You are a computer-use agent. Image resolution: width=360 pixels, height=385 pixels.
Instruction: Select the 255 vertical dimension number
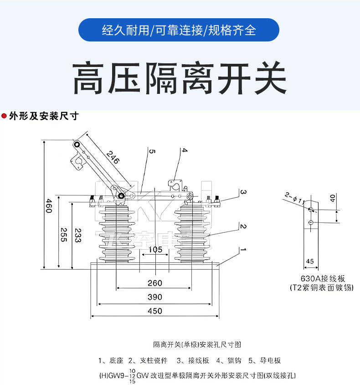64,235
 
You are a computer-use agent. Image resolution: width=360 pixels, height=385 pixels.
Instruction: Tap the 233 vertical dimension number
77,235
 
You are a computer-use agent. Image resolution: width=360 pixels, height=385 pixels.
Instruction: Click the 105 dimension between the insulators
155,250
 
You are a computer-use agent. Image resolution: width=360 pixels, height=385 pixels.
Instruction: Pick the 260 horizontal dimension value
155,283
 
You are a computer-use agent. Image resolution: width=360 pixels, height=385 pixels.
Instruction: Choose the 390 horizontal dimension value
155,297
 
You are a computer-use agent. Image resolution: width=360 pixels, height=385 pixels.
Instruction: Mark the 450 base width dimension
155,311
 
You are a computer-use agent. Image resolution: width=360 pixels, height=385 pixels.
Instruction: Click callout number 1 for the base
243,250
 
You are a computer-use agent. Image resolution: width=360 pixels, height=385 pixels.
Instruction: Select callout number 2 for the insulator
243,226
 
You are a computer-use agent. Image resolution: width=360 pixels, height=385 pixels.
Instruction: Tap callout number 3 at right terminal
243,192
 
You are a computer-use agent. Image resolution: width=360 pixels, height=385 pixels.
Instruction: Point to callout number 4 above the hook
184,150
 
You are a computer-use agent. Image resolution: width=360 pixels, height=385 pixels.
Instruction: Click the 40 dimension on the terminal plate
332,198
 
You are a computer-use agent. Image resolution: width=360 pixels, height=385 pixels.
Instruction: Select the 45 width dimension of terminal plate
310,261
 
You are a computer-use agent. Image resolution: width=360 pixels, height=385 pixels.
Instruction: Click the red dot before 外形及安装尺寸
4,116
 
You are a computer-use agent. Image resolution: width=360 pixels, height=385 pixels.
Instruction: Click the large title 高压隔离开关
180,79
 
